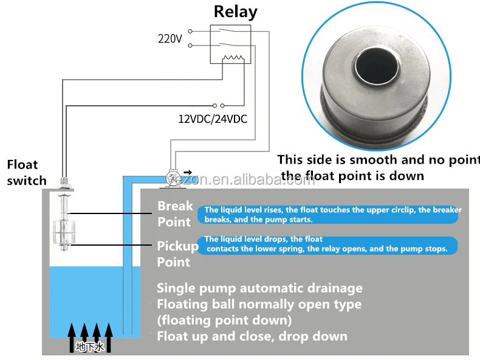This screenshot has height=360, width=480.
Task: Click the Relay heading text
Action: (x=235, y=12)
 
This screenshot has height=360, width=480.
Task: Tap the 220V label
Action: (x=170, y=38)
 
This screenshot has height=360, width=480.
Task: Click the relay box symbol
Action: (x=228, y=44)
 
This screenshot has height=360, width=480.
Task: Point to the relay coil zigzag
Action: (x=234, y=58)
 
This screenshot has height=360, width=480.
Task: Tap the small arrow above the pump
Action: (x=187, y=172)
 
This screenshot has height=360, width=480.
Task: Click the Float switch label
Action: (x=26, y=172)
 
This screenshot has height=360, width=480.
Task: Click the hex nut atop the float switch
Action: (x=63, y=181)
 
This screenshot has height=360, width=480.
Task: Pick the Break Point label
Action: (x=175, y=213)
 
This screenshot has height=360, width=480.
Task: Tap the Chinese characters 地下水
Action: (x=89, y=347)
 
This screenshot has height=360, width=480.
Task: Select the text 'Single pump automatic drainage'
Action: (x=259, y=288)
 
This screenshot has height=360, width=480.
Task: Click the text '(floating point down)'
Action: (x=224, y=320)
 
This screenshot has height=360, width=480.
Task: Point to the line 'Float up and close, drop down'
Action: (x=252, y=336)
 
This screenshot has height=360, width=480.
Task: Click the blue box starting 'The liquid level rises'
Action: (x=329, y=214)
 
